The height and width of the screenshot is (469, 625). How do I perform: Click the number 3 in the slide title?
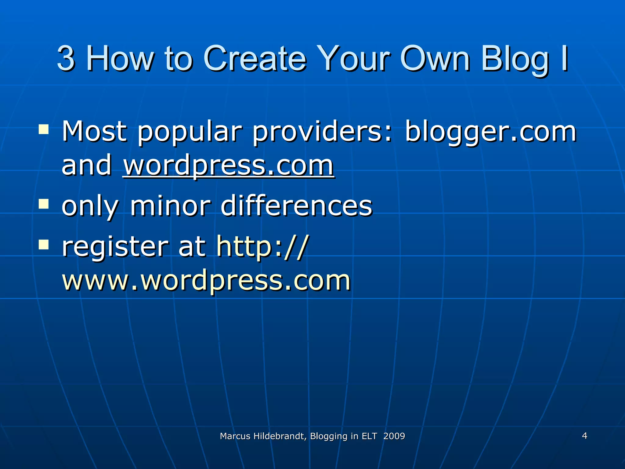[x=66, y=58]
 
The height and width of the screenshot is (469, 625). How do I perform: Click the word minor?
[x=170, y=206]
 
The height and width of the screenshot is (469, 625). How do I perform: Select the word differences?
[x=296, y=206]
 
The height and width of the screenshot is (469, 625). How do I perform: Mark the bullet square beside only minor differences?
[x=44, y=203]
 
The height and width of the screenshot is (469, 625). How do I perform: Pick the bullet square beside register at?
[x=44, y=245]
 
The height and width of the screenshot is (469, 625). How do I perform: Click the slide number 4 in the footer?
[x=584, y=436]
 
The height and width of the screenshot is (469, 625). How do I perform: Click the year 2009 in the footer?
[x=394, y=436]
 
